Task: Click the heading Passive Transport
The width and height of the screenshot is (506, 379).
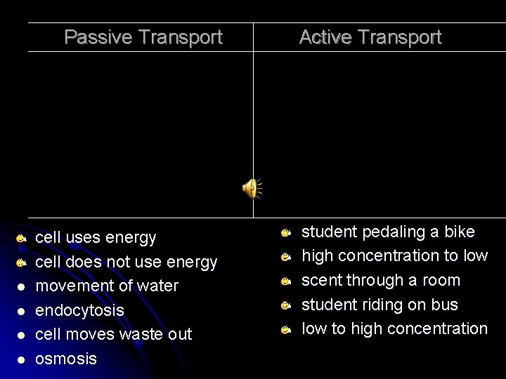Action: (x=143, y=36)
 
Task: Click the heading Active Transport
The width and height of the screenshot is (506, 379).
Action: (x=370, y=36)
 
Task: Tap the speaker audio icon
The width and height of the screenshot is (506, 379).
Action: (x=251, y=188)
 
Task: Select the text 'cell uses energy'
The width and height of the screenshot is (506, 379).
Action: (x=96, y=238)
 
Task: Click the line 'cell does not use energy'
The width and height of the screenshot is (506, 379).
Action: (x=126, y=262)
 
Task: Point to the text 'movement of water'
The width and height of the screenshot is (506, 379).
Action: (x=107, y=286)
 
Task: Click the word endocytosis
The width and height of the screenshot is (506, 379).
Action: (x=79, y=310)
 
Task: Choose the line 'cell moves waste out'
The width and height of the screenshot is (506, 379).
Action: (x=113, y=334)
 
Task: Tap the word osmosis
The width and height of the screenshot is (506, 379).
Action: (x=66, y=359)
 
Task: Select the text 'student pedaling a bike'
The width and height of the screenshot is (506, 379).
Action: (x=388, y=232)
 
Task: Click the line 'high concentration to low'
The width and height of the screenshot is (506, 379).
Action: (x=394, y=256)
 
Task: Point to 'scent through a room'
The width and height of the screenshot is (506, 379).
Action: (x=380, y=280)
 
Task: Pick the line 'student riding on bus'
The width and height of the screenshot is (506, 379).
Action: (x=379, y=305)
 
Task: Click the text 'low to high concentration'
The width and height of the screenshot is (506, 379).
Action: (x=394, y=328)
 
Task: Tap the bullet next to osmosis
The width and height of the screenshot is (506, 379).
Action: (x=22, y=359)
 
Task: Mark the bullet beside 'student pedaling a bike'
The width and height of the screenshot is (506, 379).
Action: (x=286, y=232)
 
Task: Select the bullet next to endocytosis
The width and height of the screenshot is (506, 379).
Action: (x=22, y=311)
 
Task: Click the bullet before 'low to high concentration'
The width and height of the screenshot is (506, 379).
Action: (x=286, y=329)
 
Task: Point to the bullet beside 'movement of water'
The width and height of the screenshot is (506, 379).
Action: (x=22, y=287)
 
